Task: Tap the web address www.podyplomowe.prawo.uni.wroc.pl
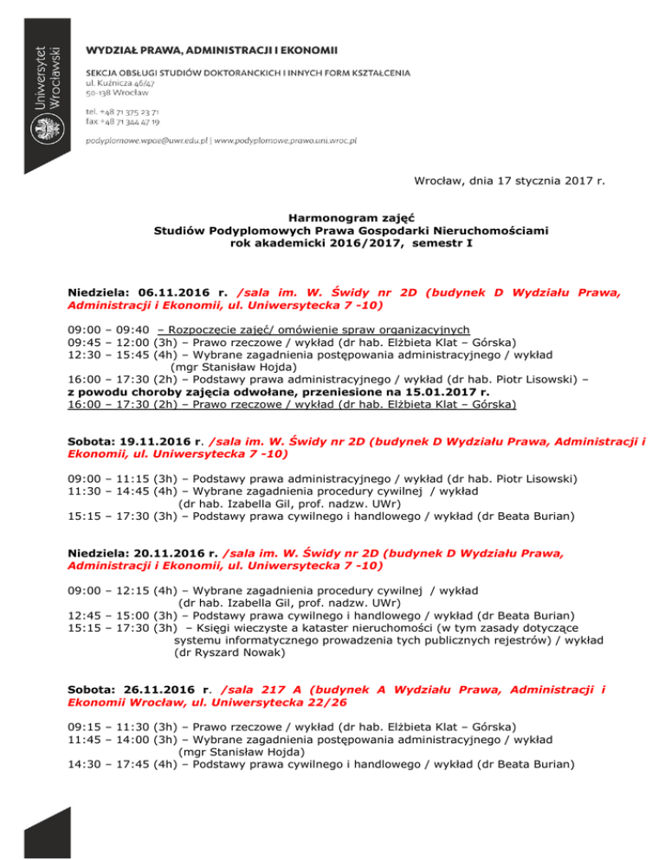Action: click(x=286, y=139)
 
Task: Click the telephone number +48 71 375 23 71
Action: click(x=122, y=112)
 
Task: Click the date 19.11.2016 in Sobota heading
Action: click(x=153, y=440)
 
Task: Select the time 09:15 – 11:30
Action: click(x=105, y=726)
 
